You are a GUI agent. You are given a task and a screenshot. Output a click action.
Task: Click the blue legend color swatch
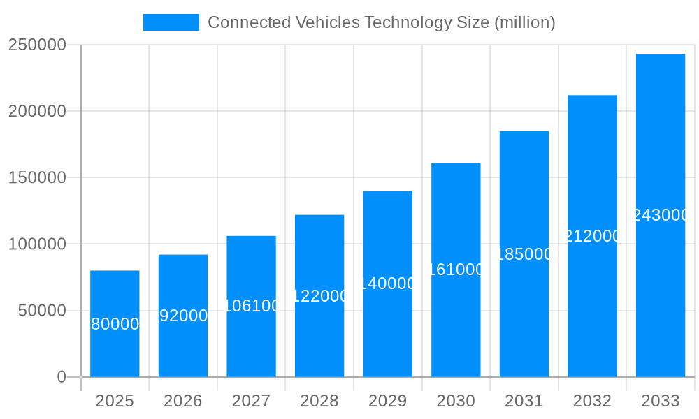pos(171,22)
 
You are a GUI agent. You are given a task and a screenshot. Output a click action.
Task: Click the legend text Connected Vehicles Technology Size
pos(381,22)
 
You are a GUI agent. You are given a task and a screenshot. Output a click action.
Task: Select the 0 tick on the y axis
pos(62,377)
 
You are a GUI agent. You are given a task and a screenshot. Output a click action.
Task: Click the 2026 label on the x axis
pos(183,401)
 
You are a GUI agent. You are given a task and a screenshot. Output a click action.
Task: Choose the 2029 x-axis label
pos(387,401)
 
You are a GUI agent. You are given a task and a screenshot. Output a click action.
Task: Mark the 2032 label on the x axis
pos(592,401)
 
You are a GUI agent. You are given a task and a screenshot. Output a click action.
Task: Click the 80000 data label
pos(115,324)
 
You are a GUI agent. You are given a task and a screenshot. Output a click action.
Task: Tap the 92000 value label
pos(183,316)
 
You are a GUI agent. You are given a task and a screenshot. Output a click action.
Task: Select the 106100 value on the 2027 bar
pos(251,306)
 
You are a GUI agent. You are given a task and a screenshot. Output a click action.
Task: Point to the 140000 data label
pos(387,284)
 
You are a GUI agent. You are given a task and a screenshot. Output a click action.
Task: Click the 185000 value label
pos(524,254)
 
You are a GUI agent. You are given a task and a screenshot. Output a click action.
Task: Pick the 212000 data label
pos(592,236)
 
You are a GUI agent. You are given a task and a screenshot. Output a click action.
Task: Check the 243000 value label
pos(661,215)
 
